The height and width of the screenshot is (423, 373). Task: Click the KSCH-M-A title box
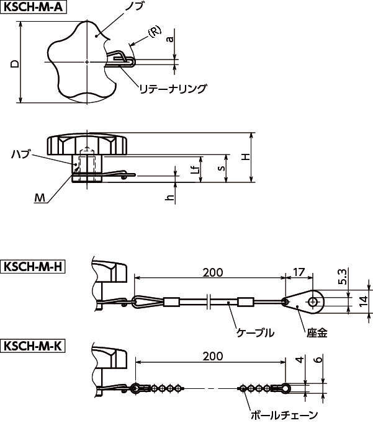pos(33,7)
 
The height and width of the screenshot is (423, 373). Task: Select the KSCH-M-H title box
pos(33,267)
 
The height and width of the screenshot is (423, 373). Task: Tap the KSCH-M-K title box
pos(33,345)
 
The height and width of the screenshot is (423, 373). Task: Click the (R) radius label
pos(155,31)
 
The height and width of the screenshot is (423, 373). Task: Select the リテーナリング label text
pos(173,89)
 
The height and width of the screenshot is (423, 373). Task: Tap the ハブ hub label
pos(20,153)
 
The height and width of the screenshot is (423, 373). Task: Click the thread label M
pos(40,198)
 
